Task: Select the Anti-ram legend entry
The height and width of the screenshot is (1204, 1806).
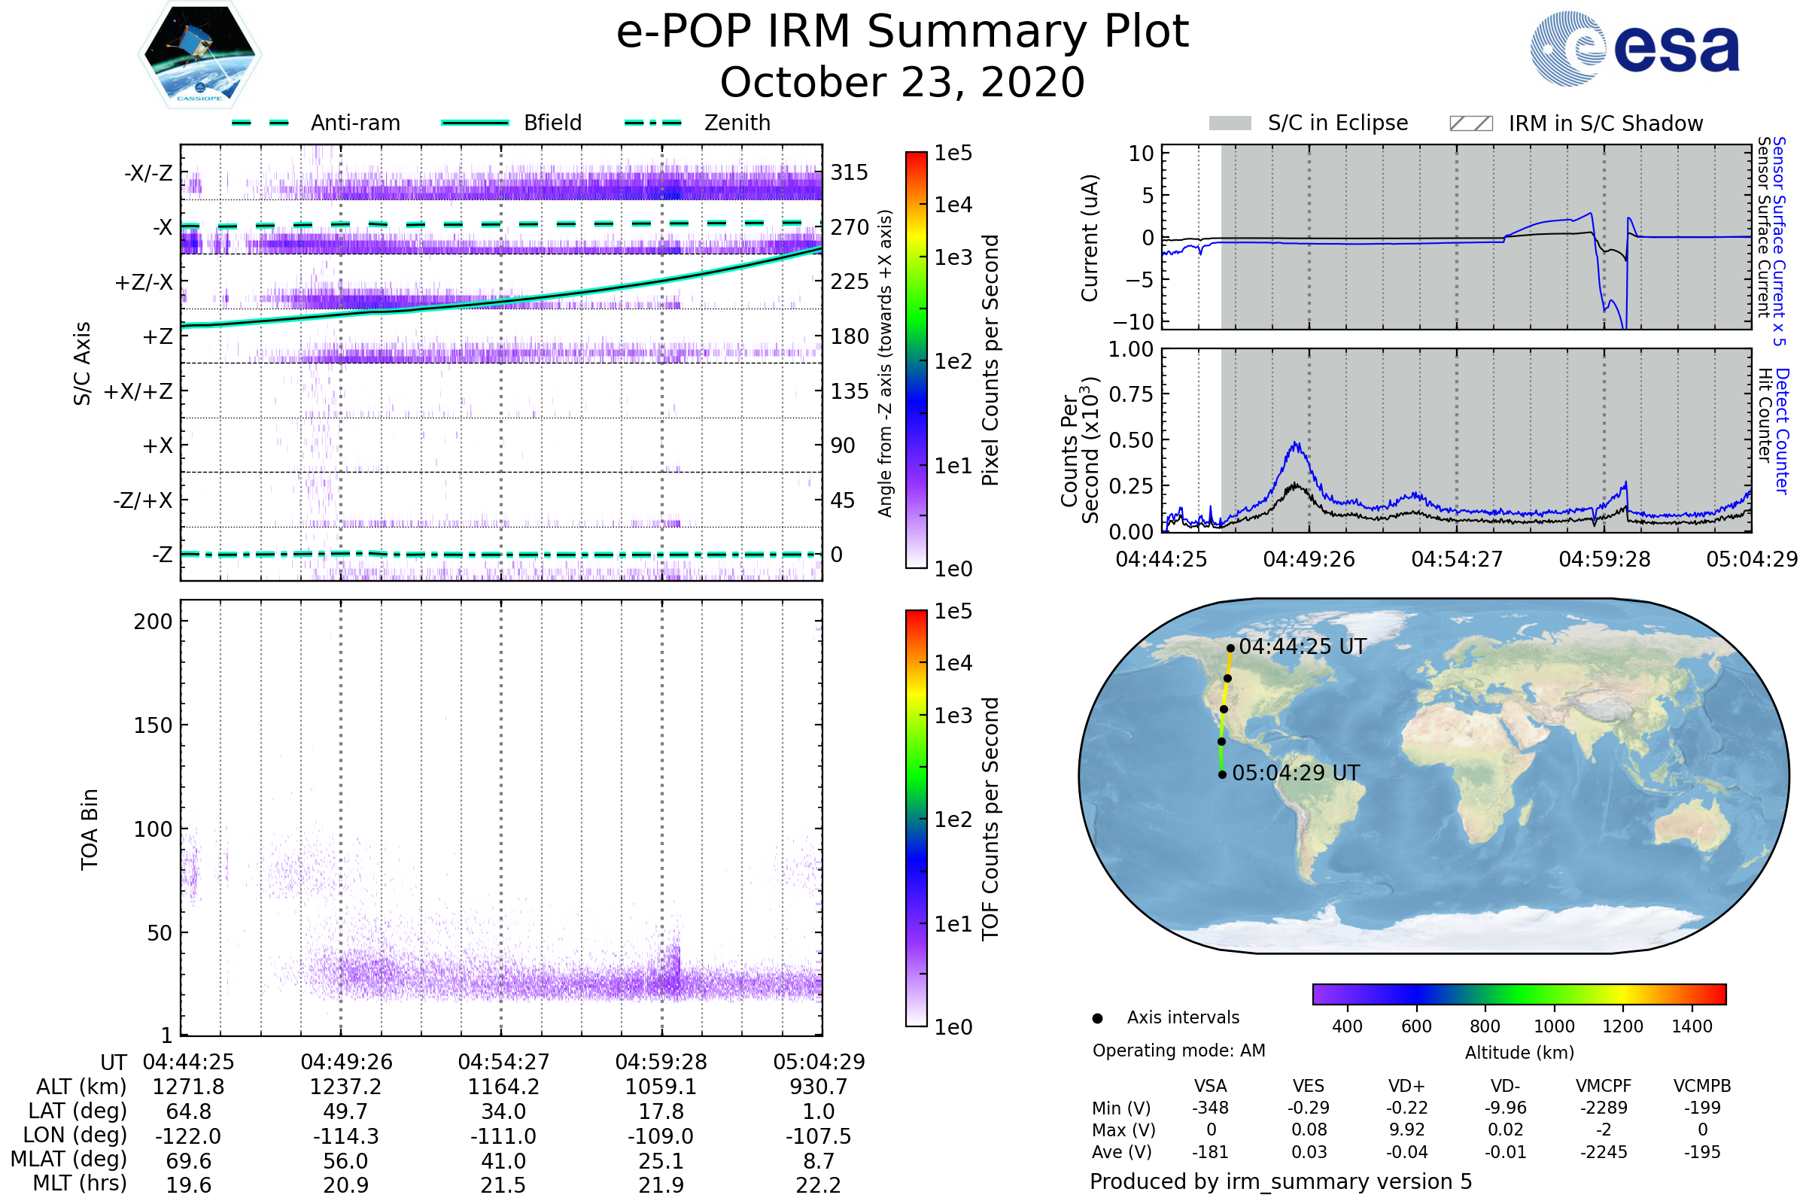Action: tap(315, 123)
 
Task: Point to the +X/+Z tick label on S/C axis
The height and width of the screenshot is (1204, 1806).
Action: tap(138, 391)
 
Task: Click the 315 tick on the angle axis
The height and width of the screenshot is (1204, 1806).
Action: tap(850, 172)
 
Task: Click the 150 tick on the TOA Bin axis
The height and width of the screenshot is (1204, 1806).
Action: tap(153, 725)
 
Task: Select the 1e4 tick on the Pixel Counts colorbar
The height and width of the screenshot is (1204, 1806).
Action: tap(953, 205)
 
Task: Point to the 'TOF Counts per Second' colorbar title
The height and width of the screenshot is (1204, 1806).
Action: tap(990, 819)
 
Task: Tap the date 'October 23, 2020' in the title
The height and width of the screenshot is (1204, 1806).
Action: tap(902, 82)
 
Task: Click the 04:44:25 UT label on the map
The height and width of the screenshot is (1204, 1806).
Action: tap(1303, 646)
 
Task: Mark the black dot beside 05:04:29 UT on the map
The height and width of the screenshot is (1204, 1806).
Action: tap(1222, 774)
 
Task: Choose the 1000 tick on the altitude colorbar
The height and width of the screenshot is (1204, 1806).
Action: tap(1554, 1026)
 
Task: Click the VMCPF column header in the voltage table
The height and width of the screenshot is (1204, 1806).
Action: tap(1604, 1086)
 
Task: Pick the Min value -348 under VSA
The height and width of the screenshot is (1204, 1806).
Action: tap(1210, 1108)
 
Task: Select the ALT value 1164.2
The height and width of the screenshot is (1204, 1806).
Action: tap(503, 1087)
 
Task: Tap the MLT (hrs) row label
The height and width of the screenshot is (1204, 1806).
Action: tap(79, 1183)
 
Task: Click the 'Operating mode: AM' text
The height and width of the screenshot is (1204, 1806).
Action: tap(1178, 1050)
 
